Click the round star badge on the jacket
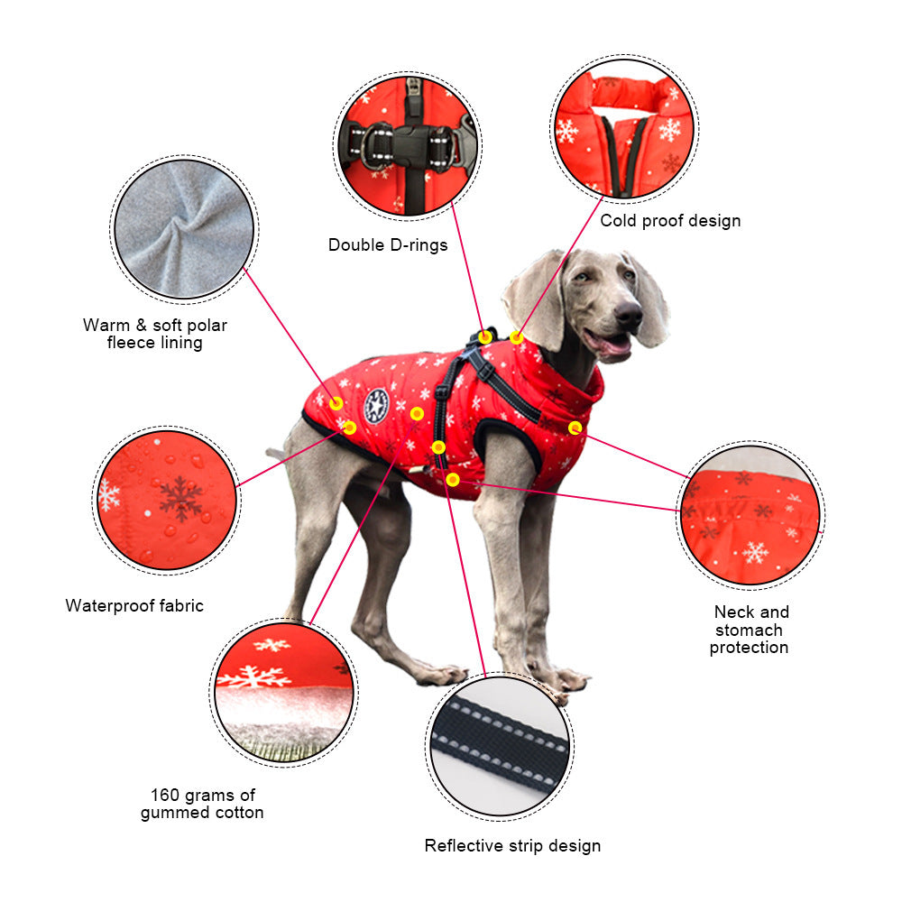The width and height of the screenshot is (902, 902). click(376, 406)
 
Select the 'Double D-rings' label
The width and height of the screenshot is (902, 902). click(388, 244)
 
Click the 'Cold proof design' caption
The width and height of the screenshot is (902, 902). click(670, 220)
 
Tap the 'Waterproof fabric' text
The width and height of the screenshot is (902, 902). click(134, 605)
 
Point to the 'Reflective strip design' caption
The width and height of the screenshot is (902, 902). click(512, 845)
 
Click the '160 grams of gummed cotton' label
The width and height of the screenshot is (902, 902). click(202, 803)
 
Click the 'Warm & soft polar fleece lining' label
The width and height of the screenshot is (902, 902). click(155, 333)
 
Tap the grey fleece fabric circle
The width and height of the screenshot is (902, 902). click(185, 228)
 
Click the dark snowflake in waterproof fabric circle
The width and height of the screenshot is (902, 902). click(180, 497)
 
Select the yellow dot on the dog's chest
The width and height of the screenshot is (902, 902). click(575, 427)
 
